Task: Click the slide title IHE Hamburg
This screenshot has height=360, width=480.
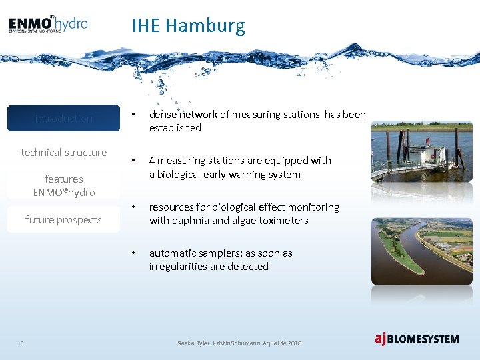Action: [188, 26]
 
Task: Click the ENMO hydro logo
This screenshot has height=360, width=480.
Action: [48, 25]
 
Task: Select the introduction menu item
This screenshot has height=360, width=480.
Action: [64, 119]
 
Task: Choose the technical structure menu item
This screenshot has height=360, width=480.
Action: [64, 153]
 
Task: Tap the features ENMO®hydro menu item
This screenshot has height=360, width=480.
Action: [64, 185]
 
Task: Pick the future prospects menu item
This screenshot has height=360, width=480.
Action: [64, 220]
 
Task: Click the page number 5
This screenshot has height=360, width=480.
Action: [22, 343]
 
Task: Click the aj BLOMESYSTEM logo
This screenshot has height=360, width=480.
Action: [416, 339]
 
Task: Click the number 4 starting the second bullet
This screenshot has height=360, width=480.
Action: [152, 161]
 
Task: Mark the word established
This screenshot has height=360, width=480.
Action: [175, 128]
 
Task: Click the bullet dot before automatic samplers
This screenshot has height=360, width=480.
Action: [134, 253]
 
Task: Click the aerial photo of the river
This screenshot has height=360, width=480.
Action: [421, 251]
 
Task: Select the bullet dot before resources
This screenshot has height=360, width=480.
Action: [134, 207]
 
